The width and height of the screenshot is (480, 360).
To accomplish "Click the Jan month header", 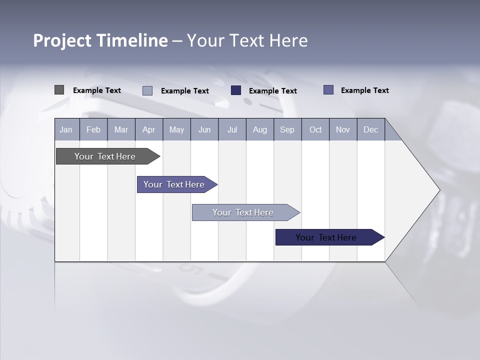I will click(x=66, y=129).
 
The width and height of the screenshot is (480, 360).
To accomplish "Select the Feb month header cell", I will click(x=93, y=129).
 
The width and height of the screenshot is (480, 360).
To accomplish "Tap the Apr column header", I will click(x=149, y=129).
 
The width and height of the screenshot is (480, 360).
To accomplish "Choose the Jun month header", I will click(x=204, y=129).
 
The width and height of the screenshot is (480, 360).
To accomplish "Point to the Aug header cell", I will click(x=260, y=129).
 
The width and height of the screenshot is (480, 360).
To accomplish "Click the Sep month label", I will click(x=287, y=129).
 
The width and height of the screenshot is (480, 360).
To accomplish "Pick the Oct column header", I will click(x=315, y=129).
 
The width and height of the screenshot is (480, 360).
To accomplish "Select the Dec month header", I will click(x=371, y=129).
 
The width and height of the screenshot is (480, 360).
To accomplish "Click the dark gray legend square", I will click(x=59, y=90).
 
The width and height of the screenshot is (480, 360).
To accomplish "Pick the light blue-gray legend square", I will click(x=147, y=90).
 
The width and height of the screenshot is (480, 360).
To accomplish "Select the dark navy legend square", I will click(x=236, y=90).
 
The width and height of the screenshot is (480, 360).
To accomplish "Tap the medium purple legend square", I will click(x=328, y=90).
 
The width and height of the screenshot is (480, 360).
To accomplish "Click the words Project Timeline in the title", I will click(x=100, y=40).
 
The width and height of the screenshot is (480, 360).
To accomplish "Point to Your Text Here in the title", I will click(x=247, y=40).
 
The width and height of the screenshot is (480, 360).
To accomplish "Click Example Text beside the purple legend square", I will click(x=364, y=90).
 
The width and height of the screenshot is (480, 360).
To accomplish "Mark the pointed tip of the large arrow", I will click(x=439, y=190).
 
